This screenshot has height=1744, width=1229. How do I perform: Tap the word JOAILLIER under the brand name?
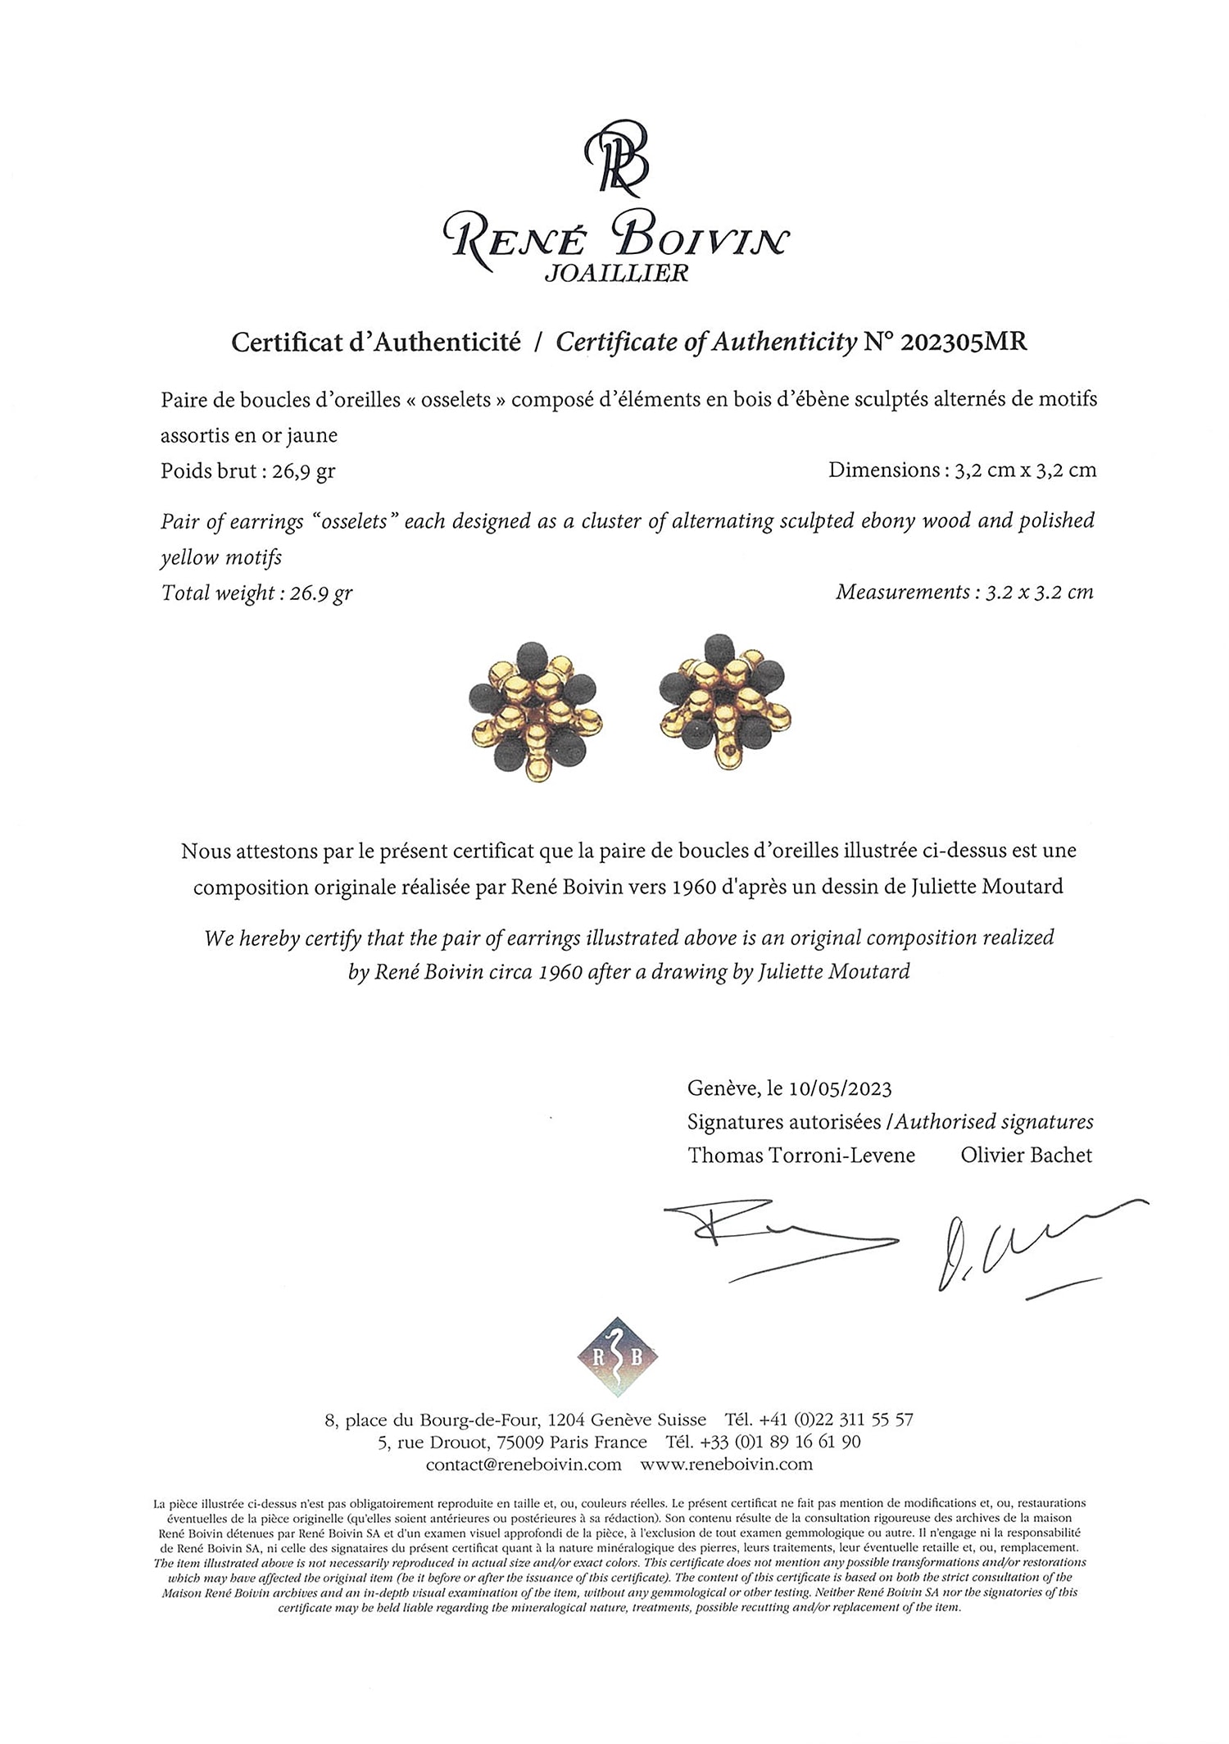point(616,274)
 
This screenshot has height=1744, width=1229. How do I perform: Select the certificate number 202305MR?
point(963,342)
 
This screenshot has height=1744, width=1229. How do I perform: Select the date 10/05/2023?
point(841,1089)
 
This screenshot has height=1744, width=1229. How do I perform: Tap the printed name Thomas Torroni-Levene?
point(801,1156)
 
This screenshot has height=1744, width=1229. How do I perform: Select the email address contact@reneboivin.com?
point(524,1464)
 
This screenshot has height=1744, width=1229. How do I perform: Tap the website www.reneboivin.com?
point(727,1464)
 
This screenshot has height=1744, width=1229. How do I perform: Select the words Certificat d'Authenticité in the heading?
point(376,342)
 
